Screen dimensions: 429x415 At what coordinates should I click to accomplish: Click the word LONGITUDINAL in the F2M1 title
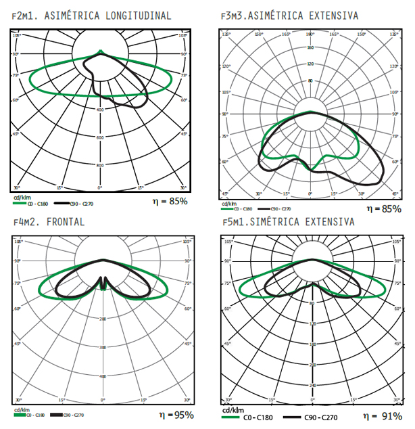coord(139,16)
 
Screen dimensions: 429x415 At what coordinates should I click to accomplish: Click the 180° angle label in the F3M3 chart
coord(310,34)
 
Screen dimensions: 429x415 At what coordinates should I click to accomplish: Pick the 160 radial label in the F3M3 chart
coord(310,47)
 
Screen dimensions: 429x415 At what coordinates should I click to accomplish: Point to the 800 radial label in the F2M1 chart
coord(100,165)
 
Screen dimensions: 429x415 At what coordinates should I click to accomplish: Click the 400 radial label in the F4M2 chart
coord(103,376)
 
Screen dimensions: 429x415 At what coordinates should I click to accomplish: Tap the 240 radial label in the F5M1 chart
coord(312,386)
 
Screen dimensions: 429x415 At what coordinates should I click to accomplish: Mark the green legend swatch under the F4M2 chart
coord(18,414)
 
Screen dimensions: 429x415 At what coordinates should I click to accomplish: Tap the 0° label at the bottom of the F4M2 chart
coord(103,400)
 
